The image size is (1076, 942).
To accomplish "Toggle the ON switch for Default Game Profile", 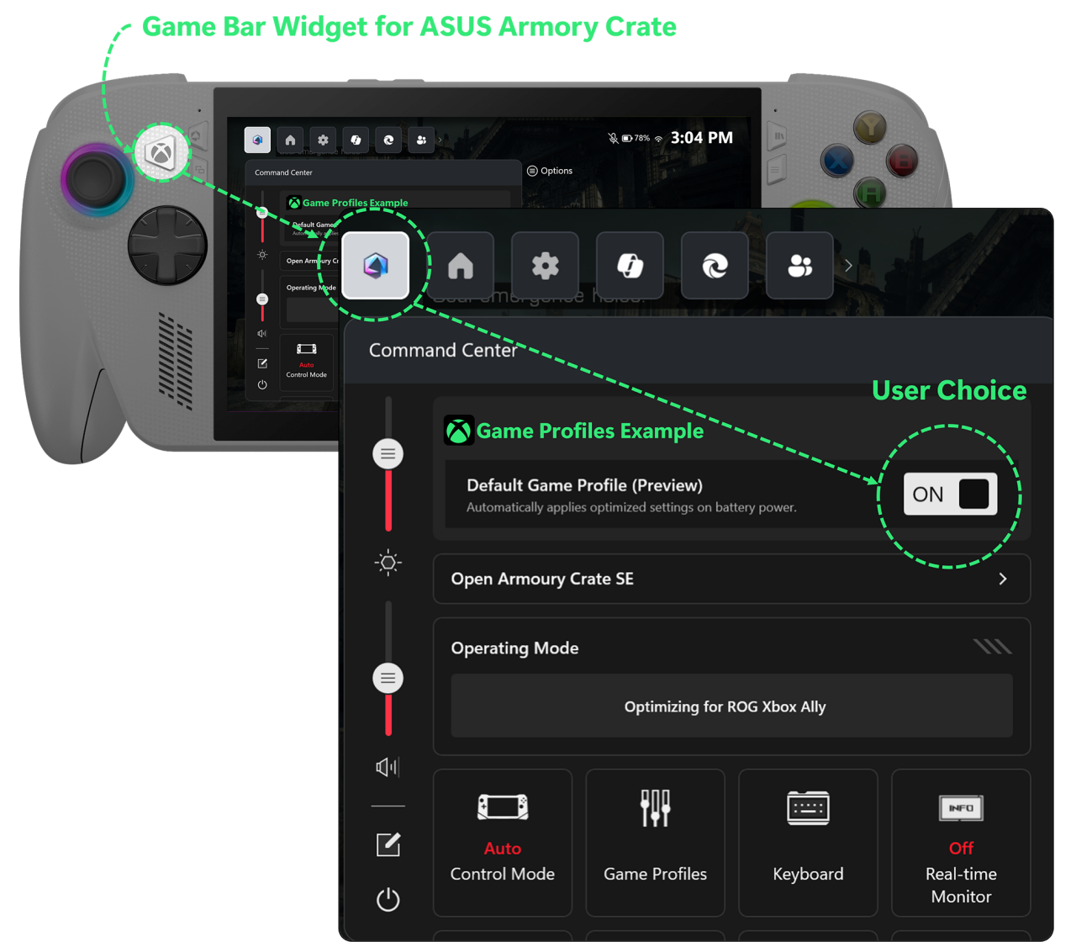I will point(950,494).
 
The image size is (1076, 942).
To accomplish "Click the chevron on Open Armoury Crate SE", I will point(1002,579).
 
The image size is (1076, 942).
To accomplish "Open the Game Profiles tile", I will point(655,841).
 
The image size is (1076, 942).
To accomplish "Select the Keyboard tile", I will point(808,841).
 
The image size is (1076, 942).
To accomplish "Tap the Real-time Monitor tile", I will point(961,841).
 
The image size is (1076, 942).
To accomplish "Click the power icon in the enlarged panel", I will point(388,899).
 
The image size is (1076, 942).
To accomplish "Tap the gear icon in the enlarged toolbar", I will point(546,266).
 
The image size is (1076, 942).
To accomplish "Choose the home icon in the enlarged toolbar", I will point(461,266).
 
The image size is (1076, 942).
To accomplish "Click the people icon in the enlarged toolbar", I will point(799,266).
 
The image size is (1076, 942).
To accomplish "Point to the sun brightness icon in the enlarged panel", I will point(388,562).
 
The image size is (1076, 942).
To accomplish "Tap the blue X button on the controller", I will point(837,161).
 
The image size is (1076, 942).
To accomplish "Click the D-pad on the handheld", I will point(167,245).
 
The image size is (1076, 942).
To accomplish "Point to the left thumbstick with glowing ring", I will point(97,178).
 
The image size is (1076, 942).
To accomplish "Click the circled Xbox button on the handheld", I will point(161,152).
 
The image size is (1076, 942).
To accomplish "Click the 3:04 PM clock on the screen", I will point(701,138).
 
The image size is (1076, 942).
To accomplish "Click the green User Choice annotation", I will point(949,390).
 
